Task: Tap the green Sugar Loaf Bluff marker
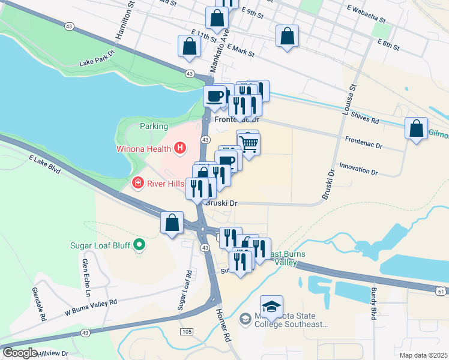click(140, 244)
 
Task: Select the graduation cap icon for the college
click(271, 307)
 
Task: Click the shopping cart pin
click(249, 143)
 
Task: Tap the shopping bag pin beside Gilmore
click(416, 129)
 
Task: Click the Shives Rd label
click(367, 120)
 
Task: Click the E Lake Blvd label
click(44, 165)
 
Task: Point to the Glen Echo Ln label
click(86, 277)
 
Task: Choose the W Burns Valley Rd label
click(89, 310)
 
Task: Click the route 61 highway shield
click(441, 291)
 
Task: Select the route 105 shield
click(186, 332)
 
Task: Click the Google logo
click(20, 353)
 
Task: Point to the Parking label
click(154, 127)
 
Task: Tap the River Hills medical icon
click(138, 182)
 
